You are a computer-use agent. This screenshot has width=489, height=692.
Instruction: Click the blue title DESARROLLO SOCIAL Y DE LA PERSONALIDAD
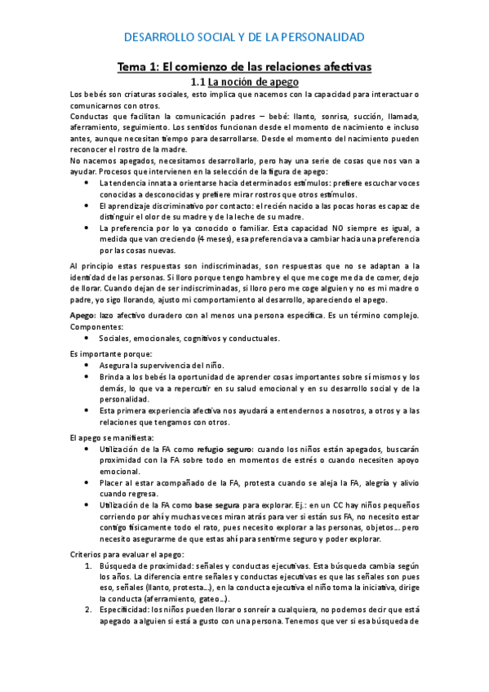tap(244, 38)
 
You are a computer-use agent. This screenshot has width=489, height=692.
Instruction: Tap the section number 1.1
tap(198, 82)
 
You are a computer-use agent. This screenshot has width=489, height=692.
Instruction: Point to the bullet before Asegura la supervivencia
tap(87, 366)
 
